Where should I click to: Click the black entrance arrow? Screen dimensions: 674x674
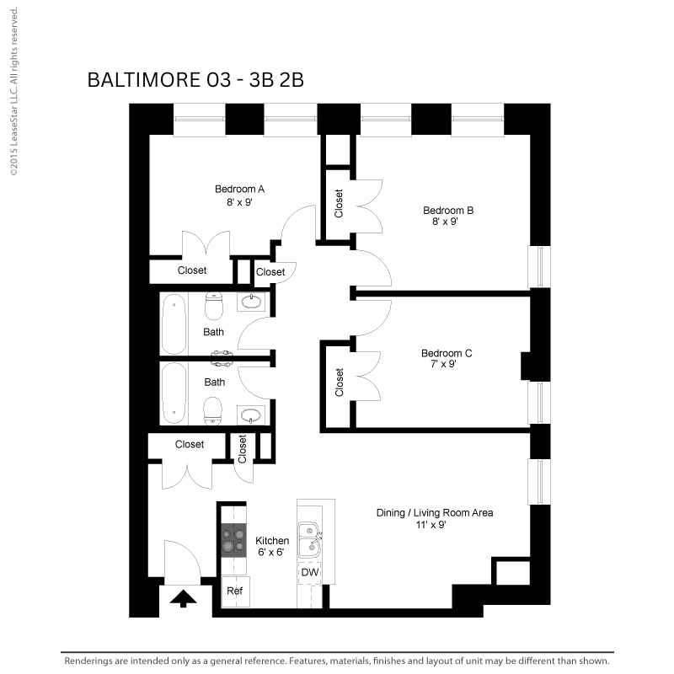click(183, 598)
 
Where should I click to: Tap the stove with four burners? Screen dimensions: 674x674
click(234, 540)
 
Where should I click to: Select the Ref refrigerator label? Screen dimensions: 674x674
click(235, 591)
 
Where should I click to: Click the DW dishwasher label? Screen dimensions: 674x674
click(310, 572)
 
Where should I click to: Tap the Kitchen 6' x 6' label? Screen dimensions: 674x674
click(272, 546)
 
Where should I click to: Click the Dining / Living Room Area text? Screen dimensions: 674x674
click(435, 513)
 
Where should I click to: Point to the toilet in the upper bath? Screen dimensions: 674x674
click(214, 306)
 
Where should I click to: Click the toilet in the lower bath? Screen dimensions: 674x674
click(213, 411)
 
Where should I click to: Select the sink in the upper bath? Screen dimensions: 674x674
click(251, 302)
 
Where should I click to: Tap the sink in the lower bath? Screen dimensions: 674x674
click(250, 415)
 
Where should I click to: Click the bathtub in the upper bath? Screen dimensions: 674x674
click(174, 324)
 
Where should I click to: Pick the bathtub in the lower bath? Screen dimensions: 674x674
click(174, 393)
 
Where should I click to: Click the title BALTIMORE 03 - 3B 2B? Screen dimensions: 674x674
click(195, 80)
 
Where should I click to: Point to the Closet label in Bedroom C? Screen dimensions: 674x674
click(340, 382)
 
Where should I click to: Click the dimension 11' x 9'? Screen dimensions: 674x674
click(431, 524)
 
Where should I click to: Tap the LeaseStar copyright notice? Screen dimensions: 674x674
click(14, 91)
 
